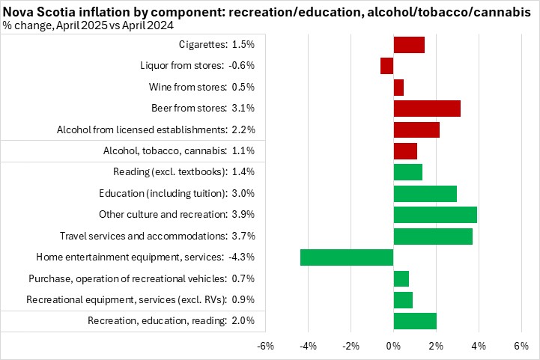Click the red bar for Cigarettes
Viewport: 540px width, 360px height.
tap(409, 45)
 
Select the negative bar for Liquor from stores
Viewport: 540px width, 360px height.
tap(386, 66)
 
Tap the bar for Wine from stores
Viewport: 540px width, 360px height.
tap(398, 88)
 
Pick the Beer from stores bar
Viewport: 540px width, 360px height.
tap(427, 109)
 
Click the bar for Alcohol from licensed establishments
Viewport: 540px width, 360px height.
tap(416, 129)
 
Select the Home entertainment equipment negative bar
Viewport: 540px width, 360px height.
tap(347, 257)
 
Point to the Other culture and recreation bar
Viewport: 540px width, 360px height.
tap(435, 215)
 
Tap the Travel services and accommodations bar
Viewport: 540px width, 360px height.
tap(433, 237)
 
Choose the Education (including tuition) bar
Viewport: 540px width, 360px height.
tap(425, 194)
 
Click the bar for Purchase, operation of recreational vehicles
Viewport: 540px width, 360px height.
tap(401, 279)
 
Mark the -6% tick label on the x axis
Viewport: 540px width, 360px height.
tap(265, 347)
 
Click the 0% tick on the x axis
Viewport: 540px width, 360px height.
tap(393, 347)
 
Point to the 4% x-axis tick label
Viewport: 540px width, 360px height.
tap(479, 347)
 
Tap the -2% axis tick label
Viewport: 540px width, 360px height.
tap(351, 347)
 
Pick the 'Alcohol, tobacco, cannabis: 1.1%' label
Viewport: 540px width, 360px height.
tap(179, 151)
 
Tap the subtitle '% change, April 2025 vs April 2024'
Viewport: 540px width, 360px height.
tap(89, 25)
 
